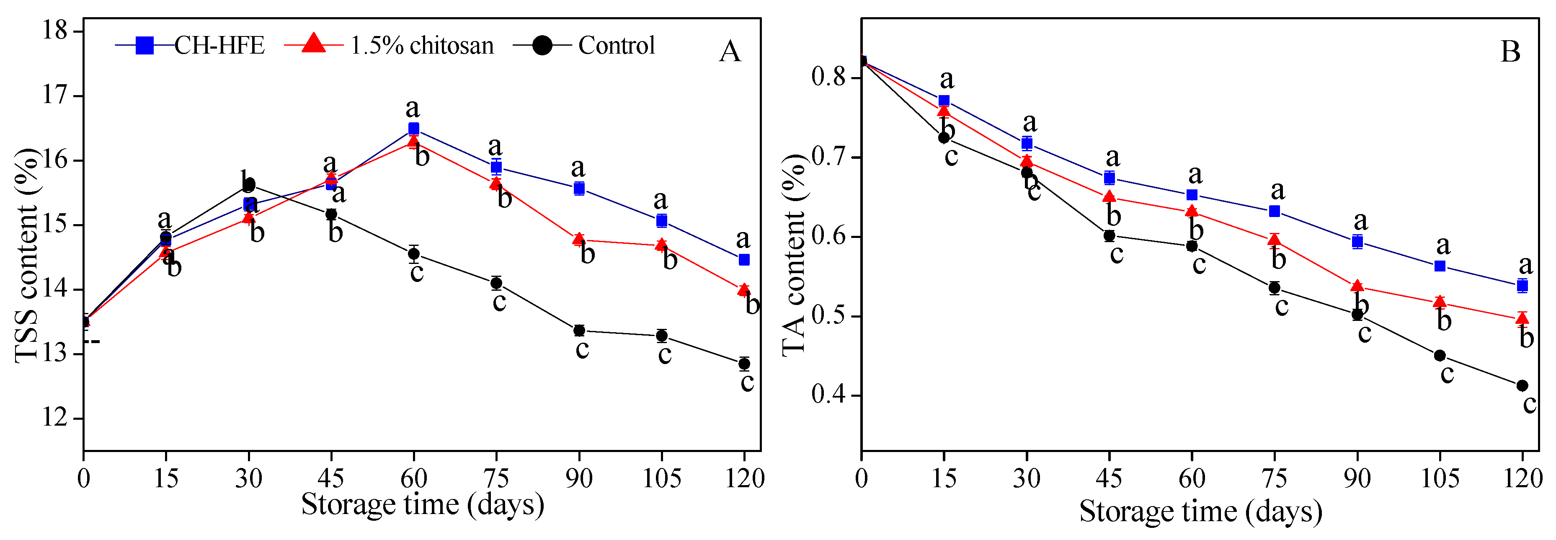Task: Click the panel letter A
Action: pyautogui.click(x=730, y=52)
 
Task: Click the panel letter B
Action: pyautogui.click(x=1510, y=52)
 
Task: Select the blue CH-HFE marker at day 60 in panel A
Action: pyautogui.click(x=414, y=129)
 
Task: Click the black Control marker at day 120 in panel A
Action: pyautogui.click(x=744, y=364)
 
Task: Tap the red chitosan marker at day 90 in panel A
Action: pyautogui.click(x=579, y=239)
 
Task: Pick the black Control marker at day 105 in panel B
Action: pyautogui.click(x=1440, y=355)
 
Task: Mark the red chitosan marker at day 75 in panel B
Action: pyautogui.click(x=1275, y=240)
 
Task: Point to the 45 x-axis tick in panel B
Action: pyautogui.click(x=1109, y=478)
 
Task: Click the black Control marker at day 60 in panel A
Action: pyautogui.click(x=414, y=254)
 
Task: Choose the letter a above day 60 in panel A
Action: pyautogui.click(x=413, y=109)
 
